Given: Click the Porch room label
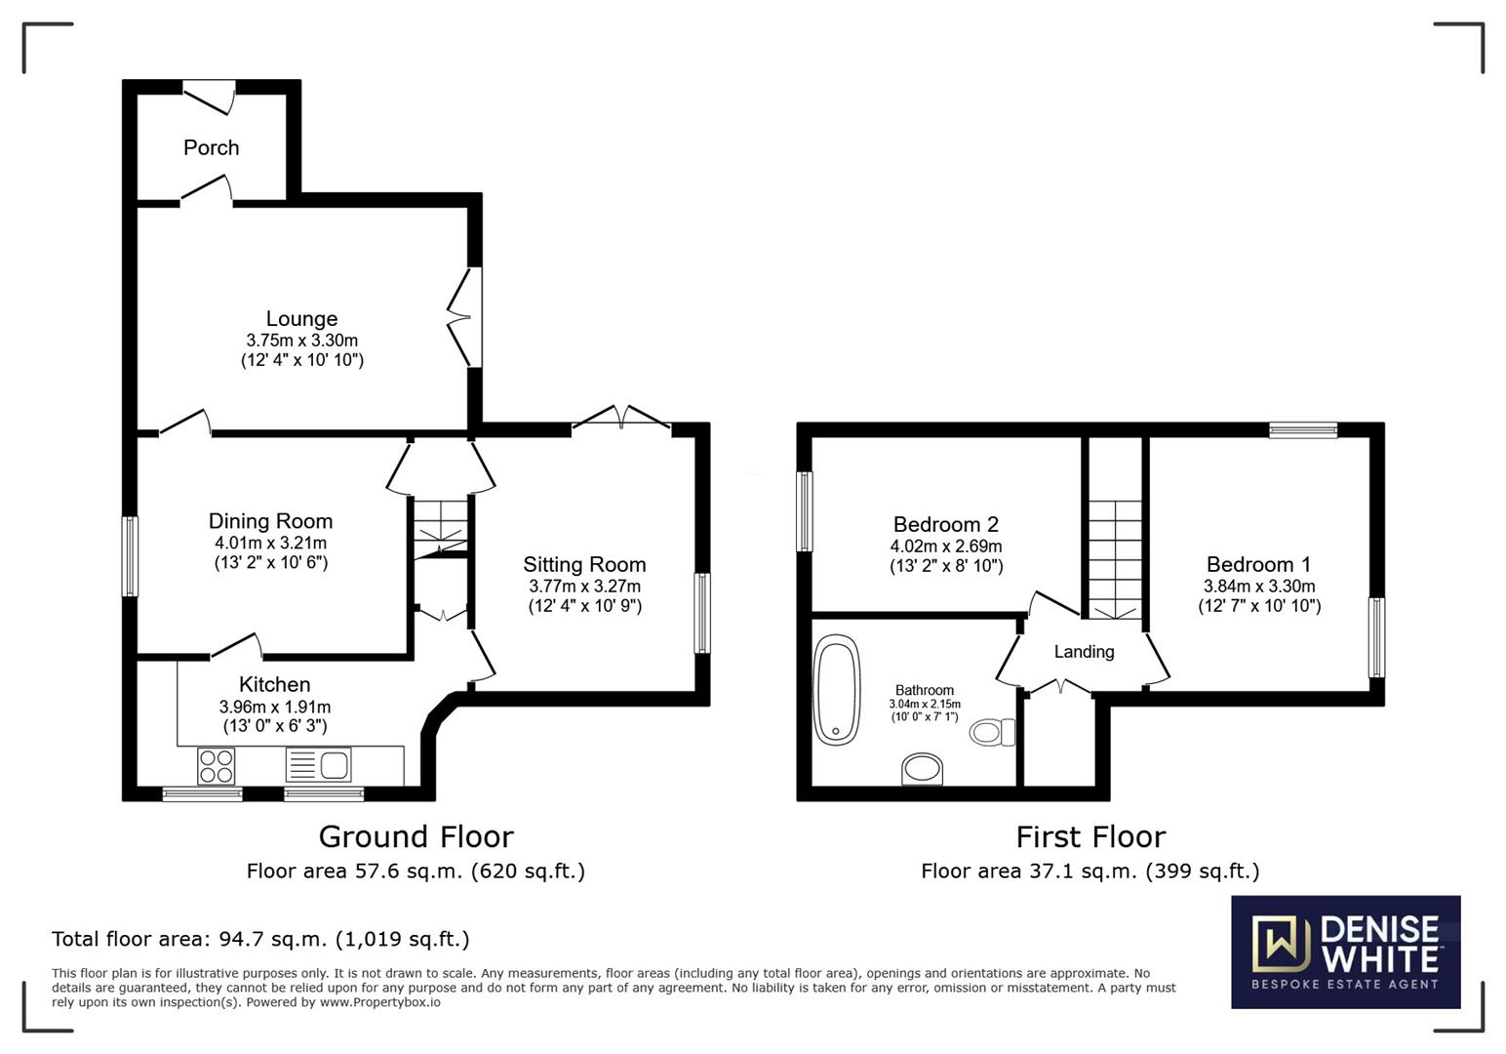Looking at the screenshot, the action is coord(211,147).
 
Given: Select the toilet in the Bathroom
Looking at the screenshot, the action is coord(992,732).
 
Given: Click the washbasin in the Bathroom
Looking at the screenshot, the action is coord(922,769).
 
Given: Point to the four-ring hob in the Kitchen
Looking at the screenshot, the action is coord(217,766).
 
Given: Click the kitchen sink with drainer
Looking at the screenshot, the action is coord(318,765).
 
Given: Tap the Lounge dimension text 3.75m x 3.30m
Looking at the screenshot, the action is coord(301,341).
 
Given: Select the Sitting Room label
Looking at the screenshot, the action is coord(584,564).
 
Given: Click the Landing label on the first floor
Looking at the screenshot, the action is coord(1084,651).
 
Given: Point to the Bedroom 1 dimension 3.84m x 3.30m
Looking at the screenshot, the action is coord(1259,586).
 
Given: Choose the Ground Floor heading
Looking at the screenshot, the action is coord(416,836).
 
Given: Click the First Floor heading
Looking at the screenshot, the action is coord(1090,836).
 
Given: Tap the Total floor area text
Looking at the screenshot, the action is coord(260,939).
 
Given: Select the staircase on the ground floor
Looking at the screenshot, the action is coord(440,529).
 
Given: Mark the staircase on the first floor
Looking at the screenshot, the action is coord(1115,559).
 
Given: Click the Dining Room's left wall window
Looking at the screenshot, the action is coord(130,556).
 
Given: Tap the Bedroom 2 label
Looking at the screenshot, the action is coord(946,524).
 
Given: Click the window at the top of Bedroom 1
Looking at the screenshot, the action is coord(1303,429).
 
